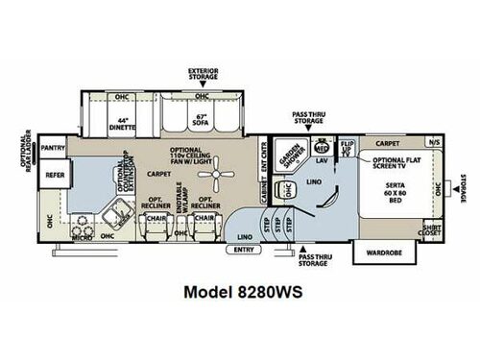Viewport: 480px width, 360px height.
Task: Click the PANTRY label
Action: coord(53,148)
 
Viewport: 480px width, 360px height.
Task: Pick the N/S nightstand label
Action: coord(435,142)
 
